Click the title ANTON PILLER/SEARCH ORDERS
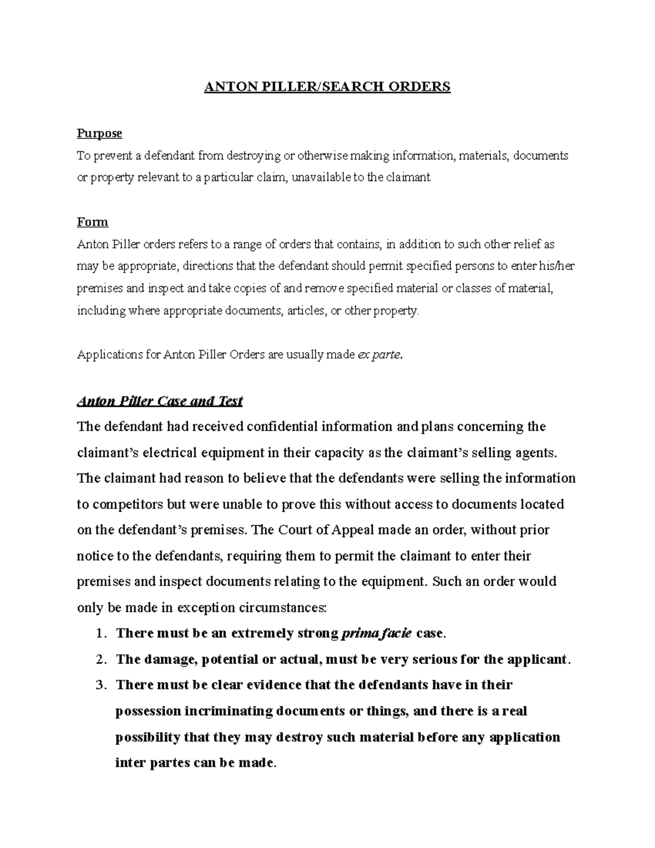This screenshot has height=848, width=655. click(327, 87)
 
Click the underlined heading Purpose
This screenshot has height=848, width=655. click(99, 133)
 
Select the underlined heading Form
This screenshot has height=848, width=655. click(92, 222)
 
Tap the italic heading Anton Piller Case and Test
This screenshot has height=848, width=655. click(160, 401)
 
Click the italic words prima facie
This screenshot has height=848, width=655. click(377, 633)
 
